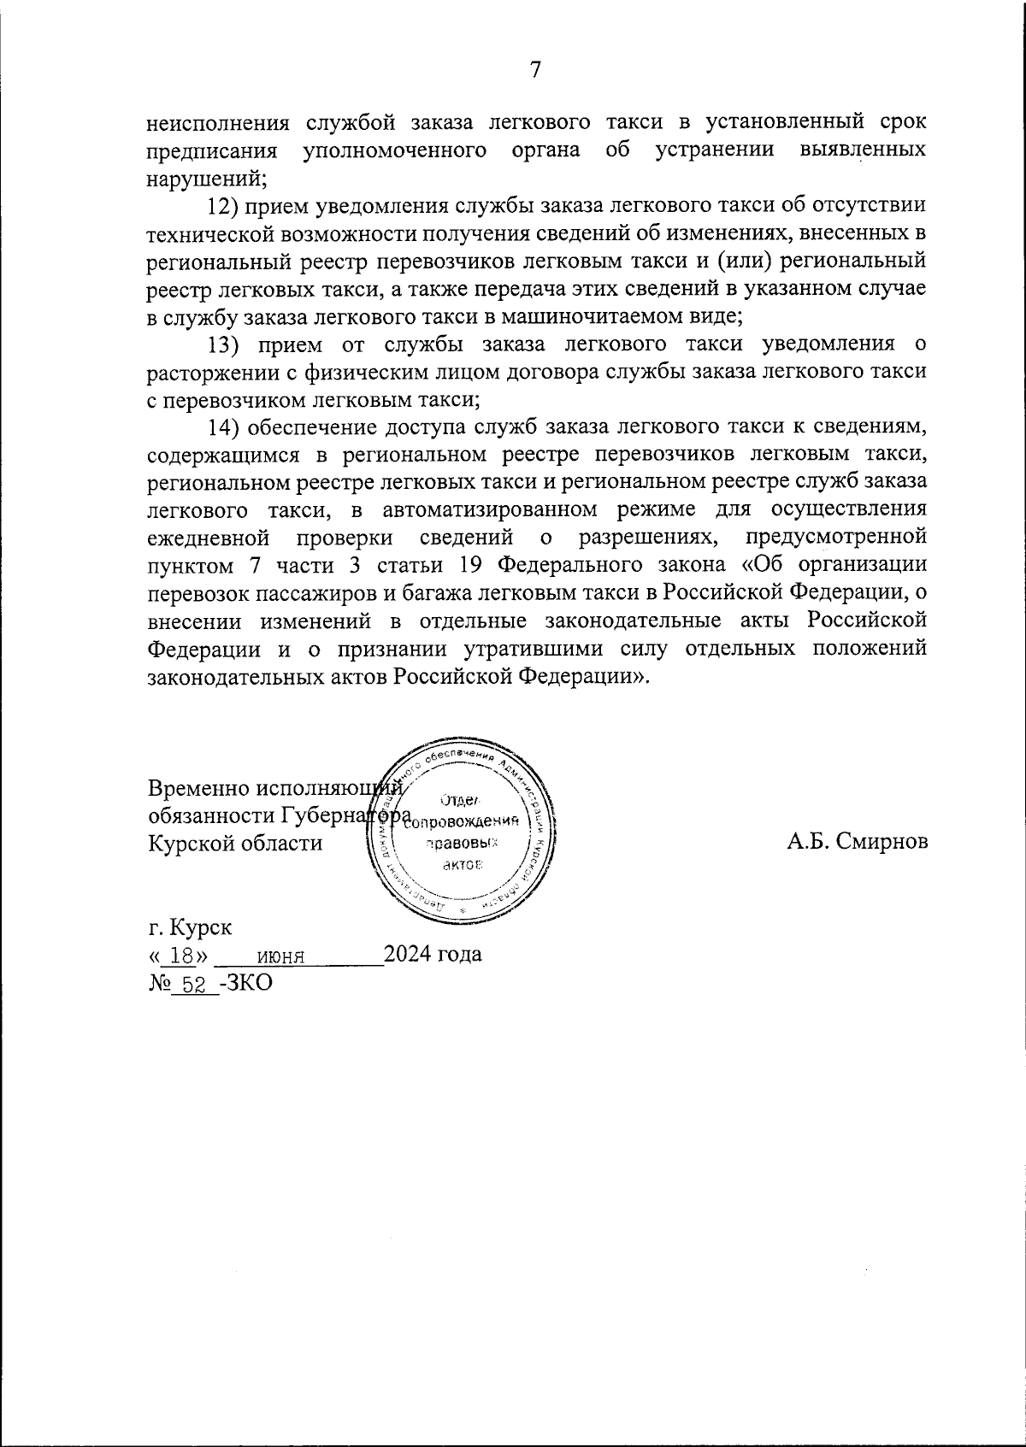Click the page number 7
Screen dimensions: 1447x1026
click(535, 70)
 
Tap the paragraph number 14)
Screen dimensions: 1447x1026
click(227, 426)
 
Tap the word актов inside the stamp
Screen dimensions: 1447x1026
click(463, 865)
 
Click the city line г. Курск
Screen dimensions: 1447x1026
click(190, 926)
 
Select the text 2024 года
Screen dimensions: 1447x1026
click(433, 954)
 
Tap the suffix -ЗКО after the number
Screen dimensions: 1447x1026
click(246, 983)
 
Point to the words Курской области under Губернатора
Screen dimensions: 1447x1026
click(235, 843)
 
